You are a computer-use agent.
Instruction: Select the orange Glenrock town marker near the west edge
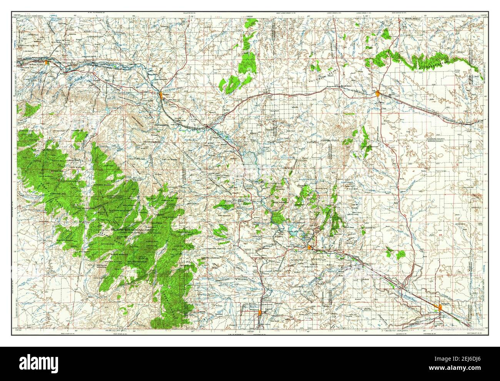point(47,62)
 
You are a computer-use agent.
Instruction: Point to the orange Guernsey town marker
point(309,247)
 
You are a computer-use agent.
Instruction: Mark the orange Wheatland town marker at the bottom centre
point(261,312)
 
